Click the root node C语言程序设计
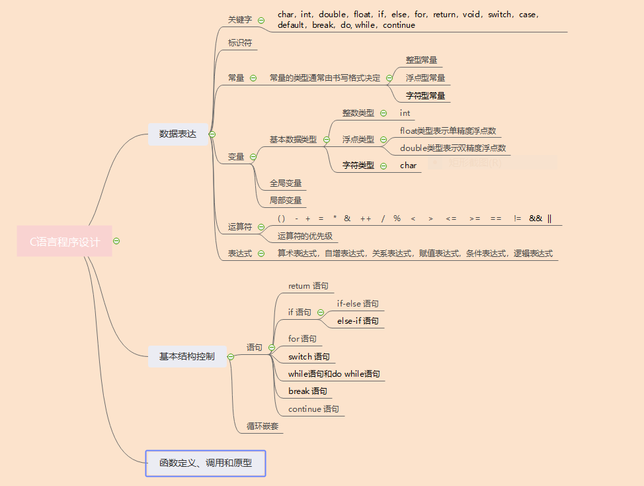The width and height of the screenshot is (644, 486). coord(65,242)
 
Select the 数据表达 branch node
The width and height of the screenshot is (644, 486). coord(178,134)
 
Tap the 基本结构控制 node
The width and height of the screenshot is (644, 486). coord(186,356)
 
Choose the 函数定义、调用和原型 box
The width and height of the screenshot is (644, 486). coord(206,463)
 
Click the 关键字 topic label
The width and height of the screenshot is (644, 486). coord(240,20)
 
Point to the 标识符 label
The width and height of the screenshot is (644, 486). coord(240,43)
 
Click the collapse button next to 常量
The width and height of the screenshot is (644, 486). coord(253,78)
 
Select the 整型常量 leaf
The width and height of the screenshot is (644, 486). coord(421,60)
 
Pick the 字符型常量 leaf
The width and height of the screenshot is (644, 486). coord(425,96)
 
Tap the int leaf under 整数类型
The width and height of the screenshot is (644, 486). coord(405,113)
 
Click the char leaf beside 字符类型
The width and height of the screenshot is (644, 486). coord(408,166)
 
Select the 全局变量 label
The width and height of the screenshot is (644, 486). coord(286,183)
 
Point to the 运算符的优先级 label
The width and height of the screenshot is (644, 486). coord(305,236)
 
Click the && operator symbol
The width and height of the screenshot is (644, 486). coord(536,219)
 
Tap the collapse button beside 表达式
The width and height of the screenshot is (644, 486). coord(261,254)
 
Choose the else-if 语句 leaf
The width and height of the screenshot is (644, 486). coord(358,321)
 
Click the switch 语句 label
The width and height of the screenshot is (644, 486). coord(309,357)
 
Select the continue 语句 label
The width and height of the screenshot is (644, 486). coord(313,409)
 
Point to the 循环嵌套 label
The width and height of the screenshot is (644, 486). coord(262,426)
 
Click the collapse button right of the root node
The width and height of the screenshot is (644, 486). coord(116,241)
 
